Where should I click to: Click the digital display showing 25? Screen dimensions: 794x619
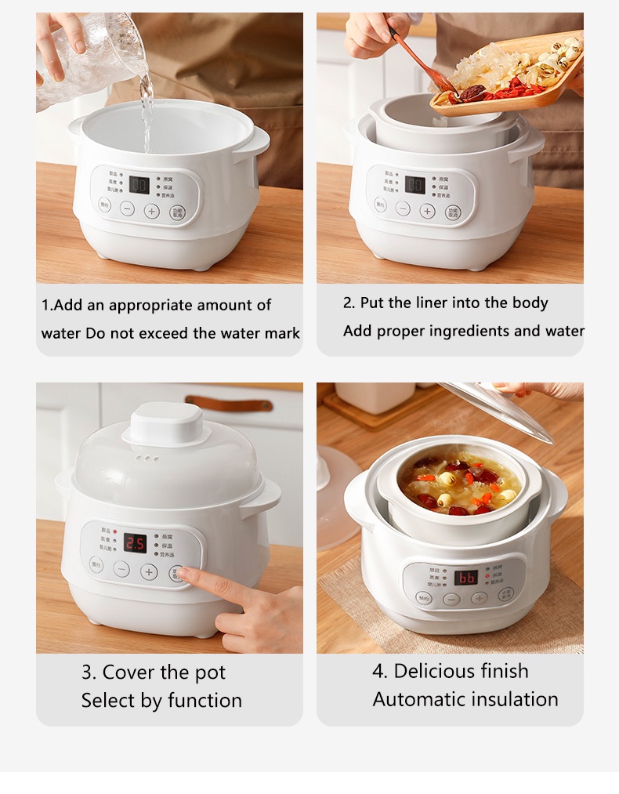pyautogui.click(x=136, y=543)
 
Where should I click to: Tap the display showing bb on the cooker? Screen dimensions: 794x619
pyautogui.click(x=466, y=578)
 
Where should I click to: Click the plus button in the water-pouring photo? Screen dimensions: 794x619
pyautogui.click(x=152, y=210)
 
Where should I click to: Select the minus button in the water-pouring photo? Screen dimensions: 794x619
pyautogui.click(x=127, y=209)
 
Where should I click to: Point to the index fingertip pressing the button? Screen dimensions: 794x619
pyautogui.click(x=182, y=575)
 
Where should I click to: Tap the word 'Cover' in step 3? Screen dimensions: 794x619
pyautogui.click(x=129, y=673)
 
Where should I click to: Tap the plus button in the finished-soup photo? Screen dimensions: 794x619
pyautogui.click(x=480, y=598)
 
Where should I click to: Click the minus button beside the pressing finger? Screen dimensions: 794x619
pyautogui.click(x=121, y=570)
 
